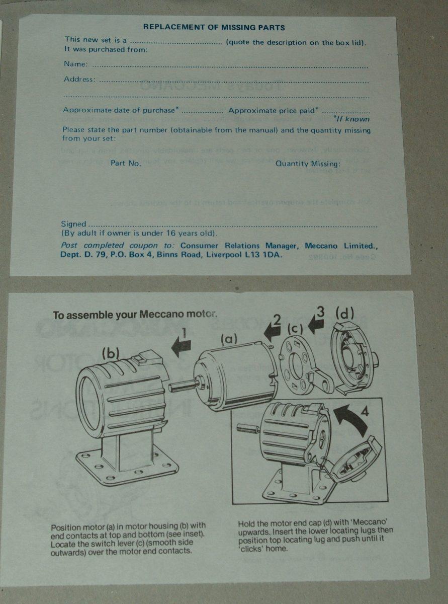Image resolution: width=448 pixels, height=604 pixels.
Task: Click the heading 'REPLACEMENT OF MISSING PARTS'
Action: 214,27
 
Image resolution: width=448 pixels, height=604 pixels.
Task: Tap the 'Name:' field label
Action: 76,64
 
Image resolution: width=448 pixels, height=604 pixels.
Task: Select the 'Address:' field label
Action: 79,79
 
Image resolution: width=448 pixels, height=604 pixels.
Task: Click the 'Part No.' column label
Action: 126,164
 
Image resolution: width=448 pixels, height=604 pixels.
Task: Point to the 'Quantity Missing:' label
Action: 308,164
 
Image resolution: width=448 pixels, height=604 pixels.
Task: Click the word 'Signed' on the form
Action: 73,224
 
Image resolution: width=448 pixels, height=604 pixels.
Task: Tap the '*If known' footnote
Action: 351,119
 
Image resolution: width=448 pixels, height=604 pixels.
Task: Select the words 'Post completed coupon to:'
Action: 117,245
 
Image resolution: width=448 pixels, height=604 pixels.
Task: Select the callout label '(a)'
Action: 229,340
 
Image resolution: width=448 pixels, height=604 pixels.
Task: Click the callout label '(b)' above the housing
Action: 111,354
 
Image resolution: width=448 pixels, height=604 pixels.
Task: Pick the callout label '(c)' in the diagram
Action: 295,330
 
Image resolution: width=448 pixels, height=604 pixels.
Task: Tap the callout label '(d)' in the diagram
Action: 344,314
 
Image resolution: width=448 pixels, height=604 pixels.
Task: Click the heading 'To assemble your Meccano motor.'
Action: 135,315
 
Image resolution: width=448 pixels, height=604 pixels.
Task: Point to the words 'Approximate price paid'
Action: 273,111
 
